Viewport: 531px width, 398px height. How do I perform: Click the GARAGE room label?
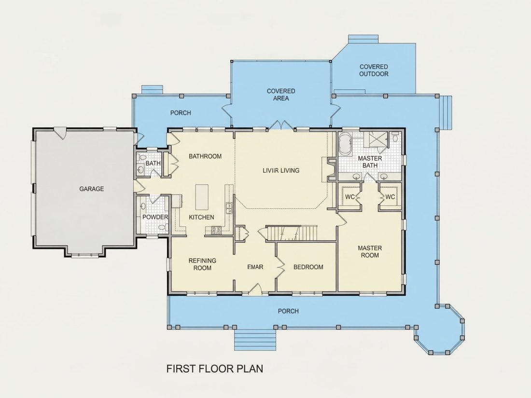(x=91, y=189)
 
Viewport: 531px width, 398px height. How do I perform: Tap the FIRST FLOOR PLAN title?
(x=215, y=369)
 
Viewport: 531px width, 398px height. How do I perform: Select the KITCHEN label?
(x=201, y=217)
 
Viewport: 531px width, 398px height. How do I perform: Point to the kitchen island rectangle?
(x=202, y=197)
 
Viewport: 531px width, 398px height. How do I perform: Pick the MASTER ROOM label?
(x=370, y=251)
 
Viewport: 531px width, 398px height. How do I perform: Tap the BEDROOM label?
(x=308, y=267)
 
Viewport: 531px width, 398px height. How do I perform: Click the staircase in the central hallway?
(x=292, y=233)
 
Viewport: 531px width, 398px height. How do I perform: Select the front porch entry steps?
(x=256, y=340)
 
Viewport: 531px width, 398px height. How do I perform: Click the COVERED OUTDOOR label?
(x=374, y=70)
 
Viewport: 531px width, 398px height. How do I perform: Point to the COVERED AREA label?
(x=281, y=95)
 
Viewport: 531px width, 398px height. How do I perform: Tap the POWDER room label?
(x=155, y=217)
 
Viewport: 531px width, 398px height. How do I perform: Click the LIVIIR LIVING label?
(x=281, y=171)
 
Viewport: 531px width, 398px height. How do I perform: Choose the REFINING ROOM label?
(x=202, y=264)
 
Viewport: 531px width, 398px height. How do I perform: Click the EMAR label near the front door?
(x=255, y=267)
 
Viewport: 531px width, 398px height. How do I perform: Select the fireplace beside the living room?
(x=330, y=169)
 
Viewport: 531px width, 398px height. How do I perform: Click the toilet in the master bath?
(x=395, y=138)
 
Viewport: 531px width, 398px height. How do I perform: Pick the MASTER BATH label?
(x=370, y=162)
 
